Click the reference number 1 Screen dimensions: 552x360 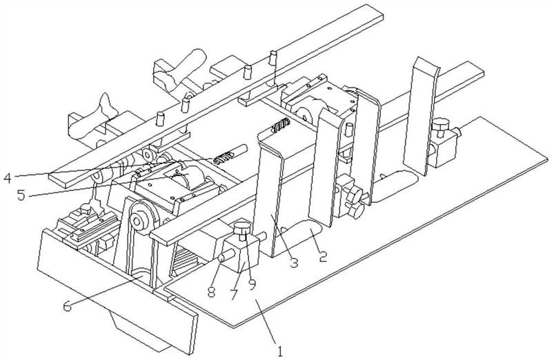[280, 351]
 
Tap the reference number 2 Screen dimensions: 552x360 [323, 256]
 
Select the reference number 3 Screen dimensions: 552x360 [294, 262]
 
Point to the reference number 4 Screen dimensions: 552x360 [8, 177]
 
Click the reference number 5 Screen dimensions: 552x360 [21, 194]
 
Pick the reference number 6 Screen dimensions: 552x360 [67, 306]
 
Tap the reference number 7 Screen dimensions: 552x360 [235, 294]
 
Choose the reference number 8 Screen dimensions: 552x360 [211, 291]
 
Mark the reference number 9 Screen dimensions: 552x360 [252, 284]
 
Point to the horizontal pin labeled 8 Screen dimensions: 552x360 [228, 255]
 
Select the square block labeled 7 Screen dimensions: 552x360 [241, 253]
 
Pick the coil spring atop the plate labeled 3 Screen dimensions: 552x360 [281, 126]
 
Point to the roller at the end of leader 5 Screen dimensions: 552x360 [186, 176]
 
